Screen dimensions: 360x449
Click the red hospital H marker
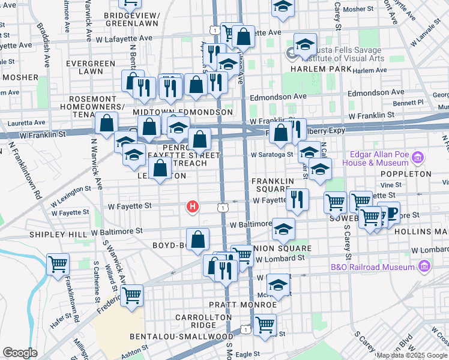(192, 208)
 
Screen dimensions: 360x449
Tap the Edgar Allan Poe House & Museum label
(376, 158)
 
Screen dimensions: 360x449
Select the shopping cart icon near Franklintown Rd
(58, 263)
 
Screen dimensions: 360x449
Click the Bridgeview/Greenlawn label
(131, 19)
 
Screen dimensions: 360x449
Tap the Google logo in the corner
(20, 353)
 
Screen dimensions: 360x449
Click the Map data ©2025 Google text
(412, 355)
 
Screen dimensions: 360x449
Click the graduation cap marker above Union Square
(283, 229)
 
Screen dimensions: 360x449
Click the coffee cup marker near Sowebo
(391, 214)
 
